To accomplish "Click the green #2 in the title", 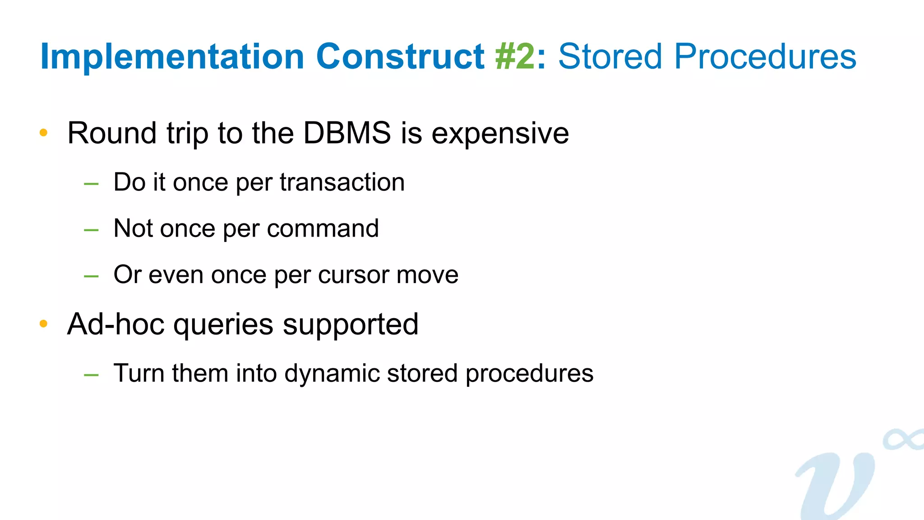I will tap(515, 57).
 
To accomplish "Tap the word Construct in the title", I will tap(400, 57).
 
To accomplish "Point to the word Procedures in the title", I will tap(765, 57).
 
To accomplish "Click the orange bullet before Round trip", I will tap(43, 133).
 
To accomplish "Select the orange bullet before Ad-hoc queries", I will tap(43, 324).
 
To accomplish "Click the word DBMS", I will tap(347, 133).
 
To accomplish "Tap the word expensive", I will tap(500, 134).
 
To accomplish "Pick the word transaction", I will tap(342, 182).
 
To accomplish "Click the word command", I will tap(323, 228).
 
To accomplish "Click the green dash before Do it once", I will tap(91, 184).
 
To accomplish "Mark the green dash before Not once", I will tap(91, 230).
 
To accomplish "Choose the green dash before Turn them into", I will tap(91, 375).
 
